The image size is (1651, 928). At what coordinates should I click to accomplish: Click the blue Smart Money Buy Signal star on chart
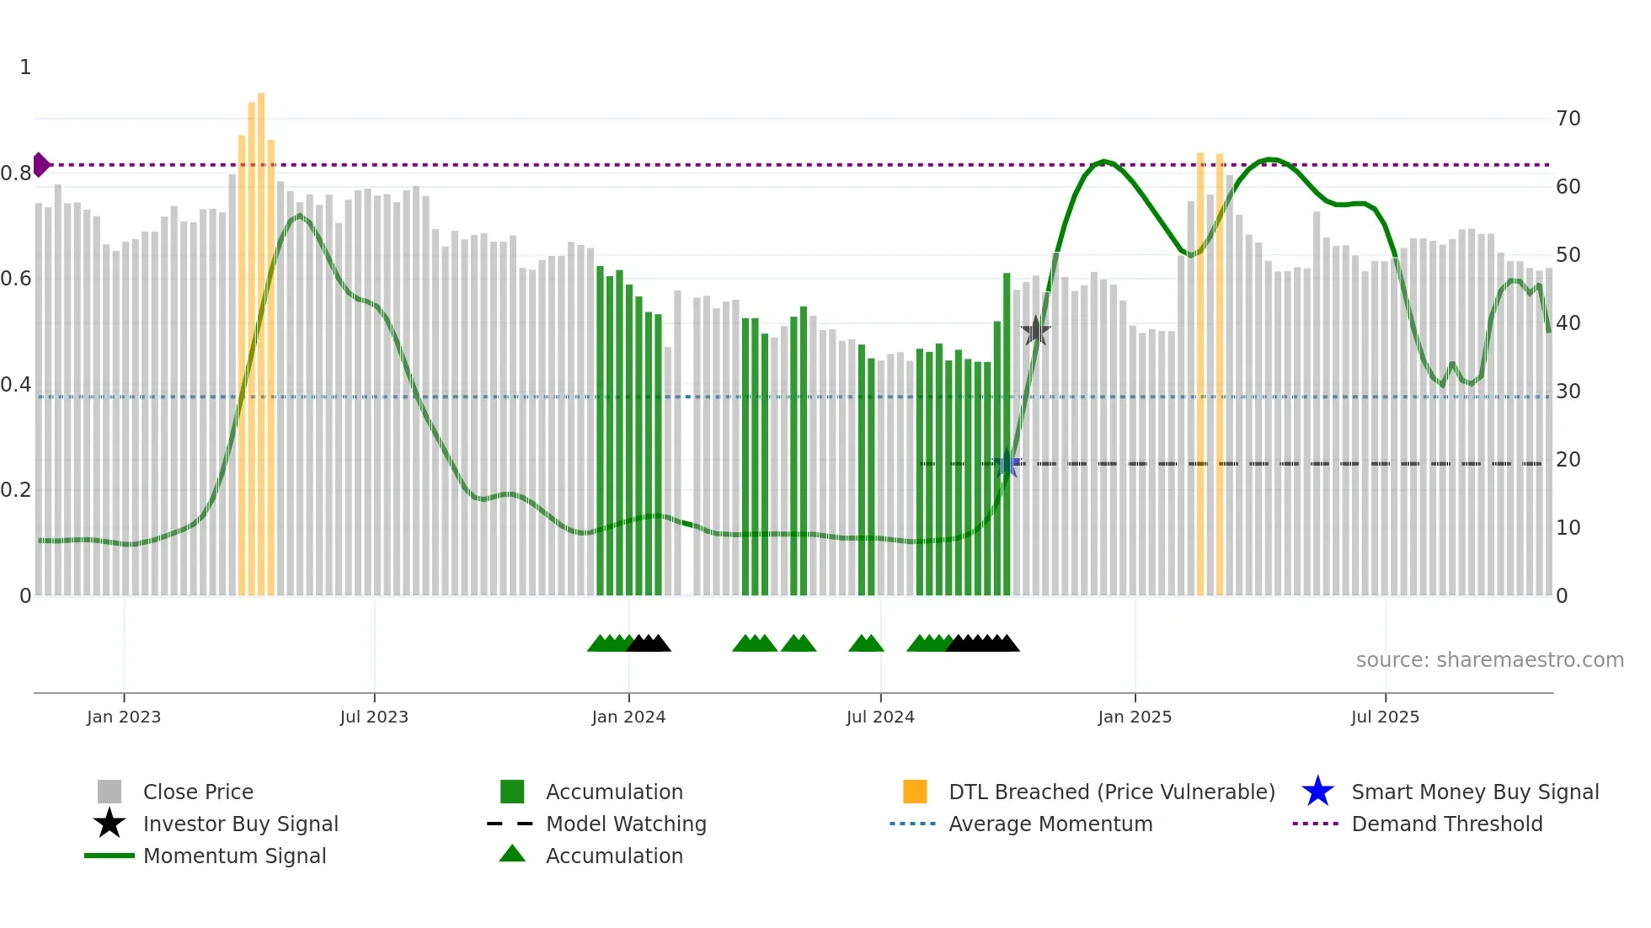(1007, 463)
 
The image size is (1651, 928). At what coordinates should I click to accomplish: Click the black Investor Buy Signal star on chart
(1035, 331)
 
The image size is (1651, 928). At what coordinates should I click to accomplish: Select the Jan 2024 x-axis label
(628, 717)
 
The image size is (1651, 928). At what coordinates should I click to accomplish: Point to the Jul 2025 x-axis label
(1385, 717)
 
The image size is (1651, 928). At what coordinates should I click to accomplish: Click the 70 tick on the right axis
(1568, 119)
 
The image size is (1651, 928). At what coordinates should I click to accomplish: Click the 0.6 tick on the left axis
(16, 279)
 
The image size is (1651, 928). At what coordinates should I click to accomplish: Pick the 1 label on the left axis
(25, 67)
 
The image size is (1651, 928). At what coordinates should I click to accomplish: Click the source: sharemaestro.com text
(1489, 660)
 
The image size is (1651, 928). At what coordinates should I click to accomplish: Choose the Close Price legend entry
(198, 792)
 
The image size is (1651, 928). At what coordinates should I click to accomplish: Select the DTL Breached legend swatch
(915, 792)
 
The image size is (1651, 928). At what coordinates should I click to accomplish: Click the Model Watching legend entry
(626, 824)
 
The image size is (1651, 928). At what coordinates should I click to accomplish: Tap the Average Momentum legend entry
(1050, 824)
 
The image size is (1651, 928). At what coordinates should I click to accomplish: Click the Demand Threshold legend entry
(1446, 824)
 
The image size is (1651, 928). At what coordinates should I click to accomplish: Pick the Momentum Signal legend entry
(234, 856)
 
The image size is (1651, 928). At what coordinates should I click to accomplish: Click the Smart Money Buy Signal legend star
(1317, 792)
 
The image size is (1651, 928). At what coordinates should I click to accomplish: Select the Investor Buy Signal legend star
(110, 824)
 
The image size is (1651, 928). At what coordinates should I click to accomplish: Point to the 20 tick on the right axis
(1568, 460)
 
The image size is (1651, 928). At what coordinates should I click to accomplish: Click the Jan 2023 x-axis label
(124, 717)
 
